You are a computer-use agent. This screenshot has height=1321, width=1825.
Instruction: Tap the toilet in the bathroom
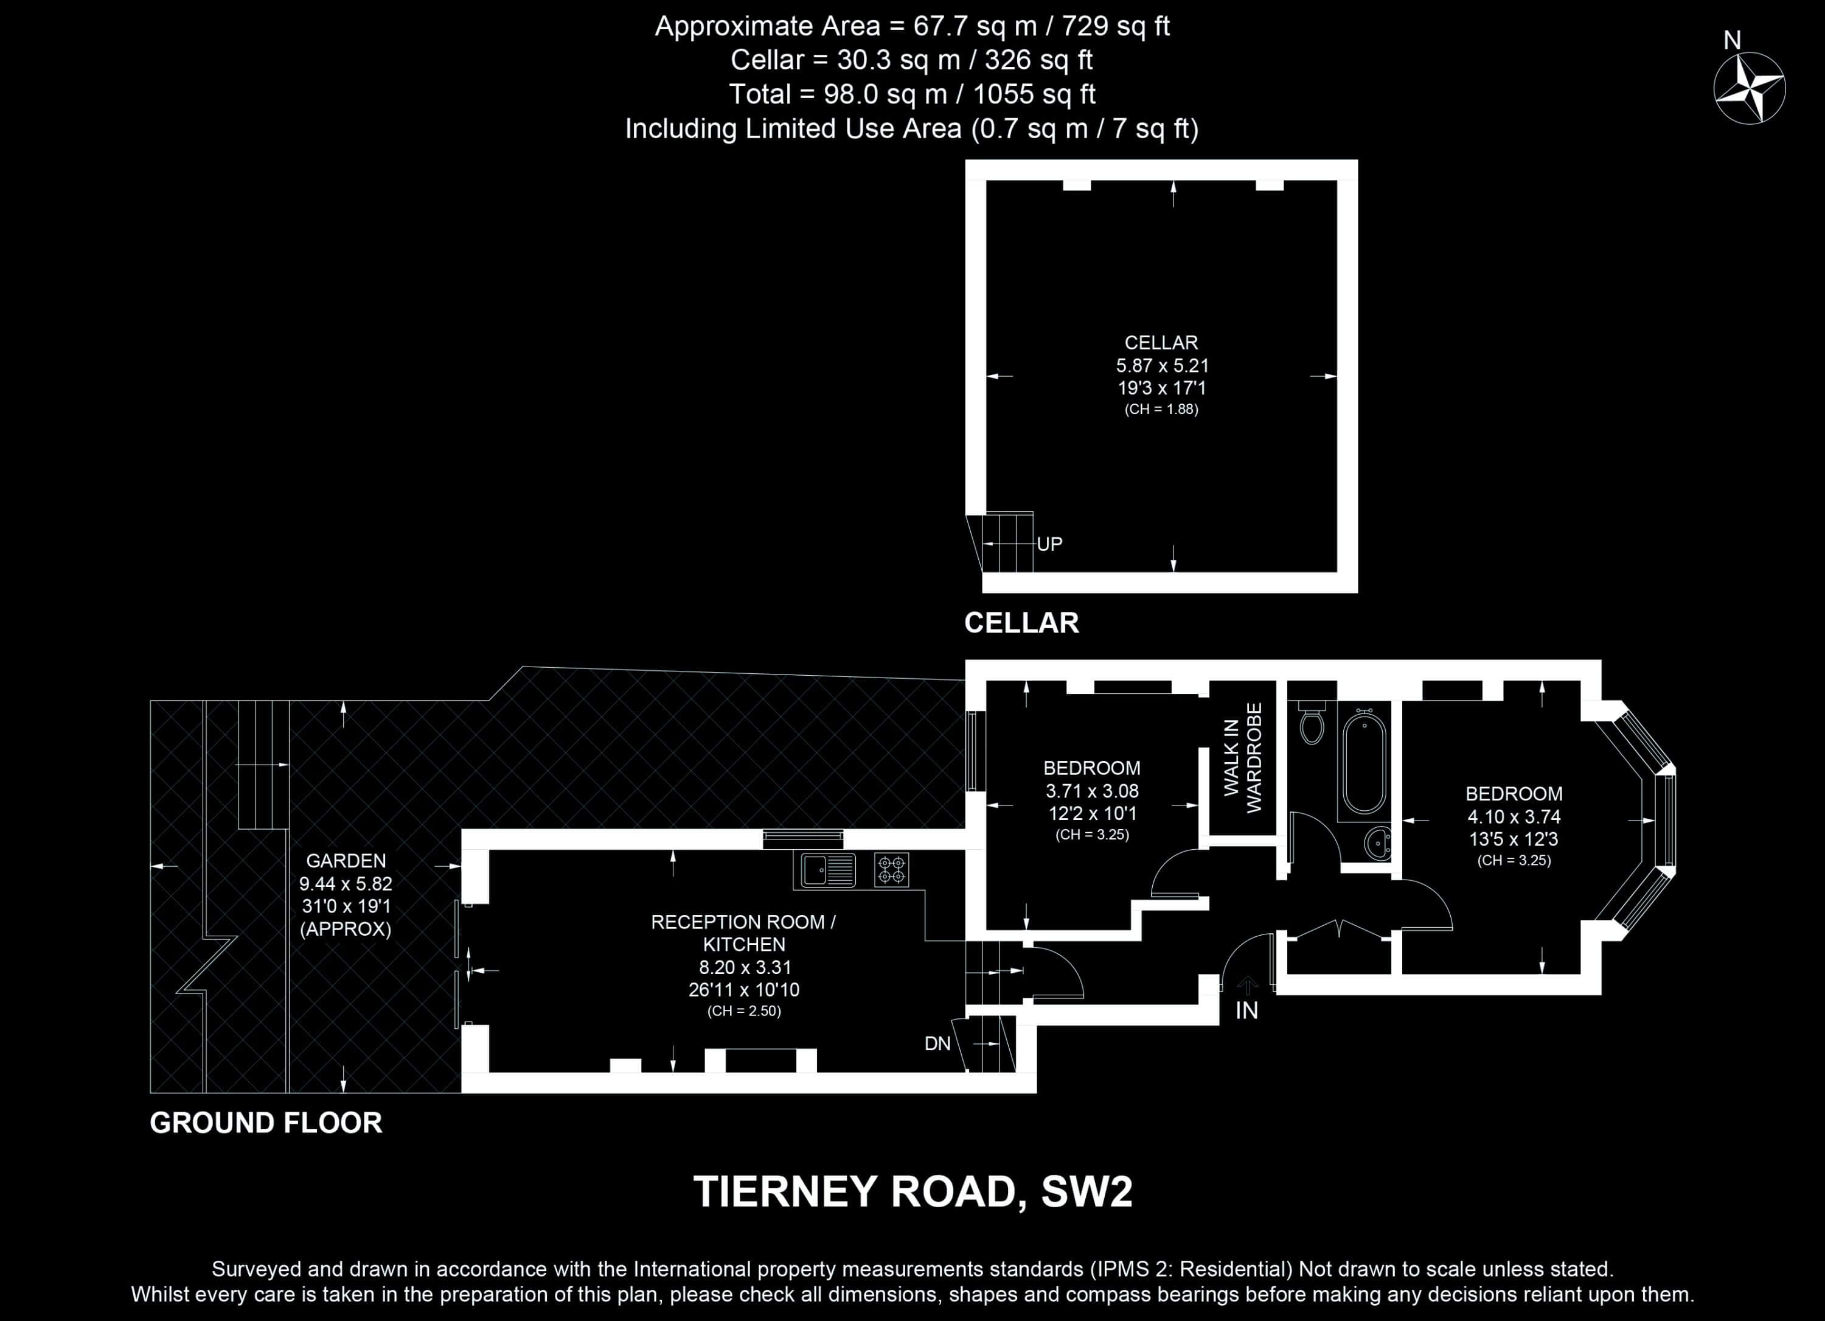1312,721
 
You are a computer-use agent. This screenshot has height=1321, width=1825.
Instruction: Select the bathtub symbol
1364,762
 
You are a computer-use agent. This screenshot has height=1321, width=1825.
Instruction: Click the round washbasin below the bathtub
1378,844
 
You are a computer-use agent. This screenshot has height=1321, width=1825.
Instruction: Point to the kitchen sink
828,870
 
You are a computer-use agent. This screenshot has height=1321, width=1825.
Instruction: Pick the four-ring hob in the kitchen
892,870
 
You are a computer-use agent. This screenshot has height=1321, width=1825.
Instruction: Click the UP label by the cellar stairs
1049,544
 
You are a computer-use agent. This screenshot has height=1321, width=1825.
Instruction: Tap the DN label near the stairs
937,1044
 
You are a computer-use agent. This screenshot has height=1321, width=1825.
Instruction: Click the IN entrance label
1246,1011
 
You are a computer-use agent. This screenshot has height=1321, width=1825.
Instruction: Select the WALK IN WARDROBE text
1243,757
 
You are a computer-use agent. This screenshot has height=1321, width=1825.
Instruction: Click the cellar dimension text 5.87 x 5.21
1161,365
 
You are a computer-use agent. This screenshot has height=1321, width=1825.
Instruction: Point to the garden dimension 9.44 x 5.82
346,884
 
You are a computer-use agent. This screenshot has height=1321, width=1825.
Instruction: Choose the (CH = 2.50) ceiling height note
745,1011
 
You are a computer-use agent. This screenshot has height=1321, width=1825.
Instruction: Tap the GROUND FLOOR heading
266,1123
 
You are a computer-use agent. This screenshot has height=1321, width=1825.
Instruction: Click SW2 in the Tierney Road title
1086,1192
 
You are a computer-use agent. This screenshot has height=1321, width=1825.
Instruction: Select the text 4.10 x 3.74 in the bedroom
1514,817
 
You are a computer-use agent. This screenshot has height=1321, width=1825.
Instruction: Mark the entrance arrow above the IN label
1247,986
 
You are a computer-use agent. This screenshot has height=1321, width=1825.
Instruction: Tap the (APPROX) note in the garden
346,930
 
